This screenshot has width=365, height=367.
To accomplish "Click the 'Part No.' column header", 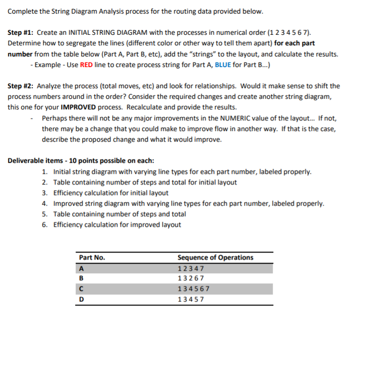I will point(92,258).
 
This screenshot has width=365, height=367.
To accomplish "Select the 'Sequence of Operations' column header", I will point(215,258).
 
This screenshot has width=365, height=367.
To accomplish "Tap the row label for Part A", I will point(81,268).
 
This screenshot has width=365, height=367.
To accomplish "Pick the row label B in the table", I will point(81,278).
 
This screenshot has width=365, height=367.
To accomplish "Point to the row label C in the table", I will point(81,289).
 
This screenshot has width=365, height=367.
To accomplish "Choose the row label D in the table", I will point(81,299).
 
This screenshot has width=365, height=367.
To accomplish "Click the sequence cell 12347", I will point(191,268).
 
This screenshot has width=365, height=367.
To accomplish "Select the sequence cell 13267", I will point(191,278).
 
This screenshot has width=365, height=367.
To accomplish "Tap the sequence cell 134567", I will point(194,289).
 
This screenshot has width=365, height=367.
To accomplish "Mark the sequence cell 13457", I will point(191,299).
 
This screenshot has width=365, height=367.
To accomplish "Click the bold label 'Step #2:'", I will point(22,86).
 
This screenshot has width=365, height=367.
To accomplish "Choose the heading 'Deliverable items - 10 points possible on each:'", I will point(81,161).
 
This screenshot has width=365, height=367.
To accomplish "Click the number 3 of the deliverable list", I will point(45,193).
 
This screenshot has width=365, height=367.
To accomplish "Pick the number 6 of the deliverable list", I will point(45,225).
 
